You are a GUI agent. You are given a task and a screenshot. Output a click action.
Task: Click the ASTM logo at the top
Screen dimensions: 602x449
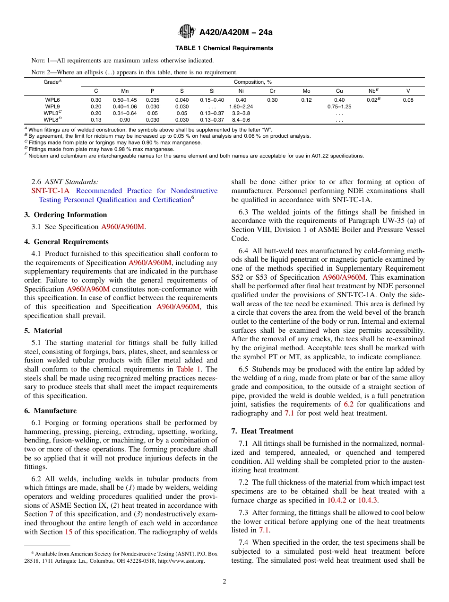coord(187,32)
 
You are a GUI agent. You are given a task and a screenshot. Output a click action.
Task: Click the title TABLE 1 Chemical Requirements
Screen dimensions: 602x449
coord(224,48)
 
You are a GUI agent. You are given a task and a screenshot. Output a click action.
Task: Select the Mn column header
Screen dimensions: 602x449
coord(125,91)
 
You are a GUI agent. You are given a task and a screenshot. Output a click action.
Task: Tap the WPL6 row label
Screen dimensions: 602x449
coord(52,100)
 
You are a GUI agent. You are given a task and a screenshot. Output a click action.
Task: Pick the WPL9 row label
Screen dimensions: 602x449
coord(52,106)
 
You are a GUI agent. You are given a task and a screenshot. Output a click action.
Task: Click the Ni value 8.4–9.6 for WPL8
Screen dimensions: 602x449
coord(241,120)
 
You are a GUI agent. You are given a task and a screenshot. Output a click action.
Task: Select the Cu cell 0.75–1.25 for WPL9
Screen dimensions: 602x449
coord(339,106)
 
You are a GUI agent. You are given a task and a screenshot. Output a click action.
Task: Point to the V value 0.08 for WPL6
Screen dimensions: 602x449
coord(408,100)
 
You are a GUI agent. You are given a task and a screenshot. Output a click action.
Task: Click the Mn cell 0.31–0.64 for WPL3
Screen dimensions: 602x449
coord(125,113)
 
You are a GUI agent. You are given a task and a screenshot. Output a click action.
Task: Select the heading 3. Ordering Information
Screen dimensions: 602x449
coord(66,215)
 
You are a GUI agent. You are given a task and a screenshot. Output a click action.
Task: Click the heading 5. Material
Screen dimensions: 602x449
coord(43,331)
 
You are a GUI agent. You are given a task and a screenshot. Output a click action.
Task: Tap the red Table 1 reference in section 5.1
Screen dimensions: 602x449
coord(189,369)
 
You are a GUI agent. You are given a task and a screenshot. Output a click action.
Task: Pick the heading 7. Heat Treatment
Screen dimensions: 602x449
coord(262,431)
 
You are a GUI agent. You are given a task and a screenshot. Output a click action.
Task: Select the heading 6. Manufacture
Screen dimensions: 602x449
coord(50,411)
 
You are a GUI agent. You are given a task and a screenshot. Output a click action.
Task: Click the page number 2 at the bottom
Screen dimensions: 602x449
coord(224,582)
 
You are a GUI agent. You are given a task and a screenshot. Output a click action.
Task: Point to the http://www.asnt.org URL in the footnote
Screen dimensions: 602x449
coord(181,561)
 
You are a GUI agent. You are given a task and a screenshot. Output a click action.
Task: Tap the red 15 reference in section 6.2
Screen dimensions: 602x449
coord(69,531)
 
